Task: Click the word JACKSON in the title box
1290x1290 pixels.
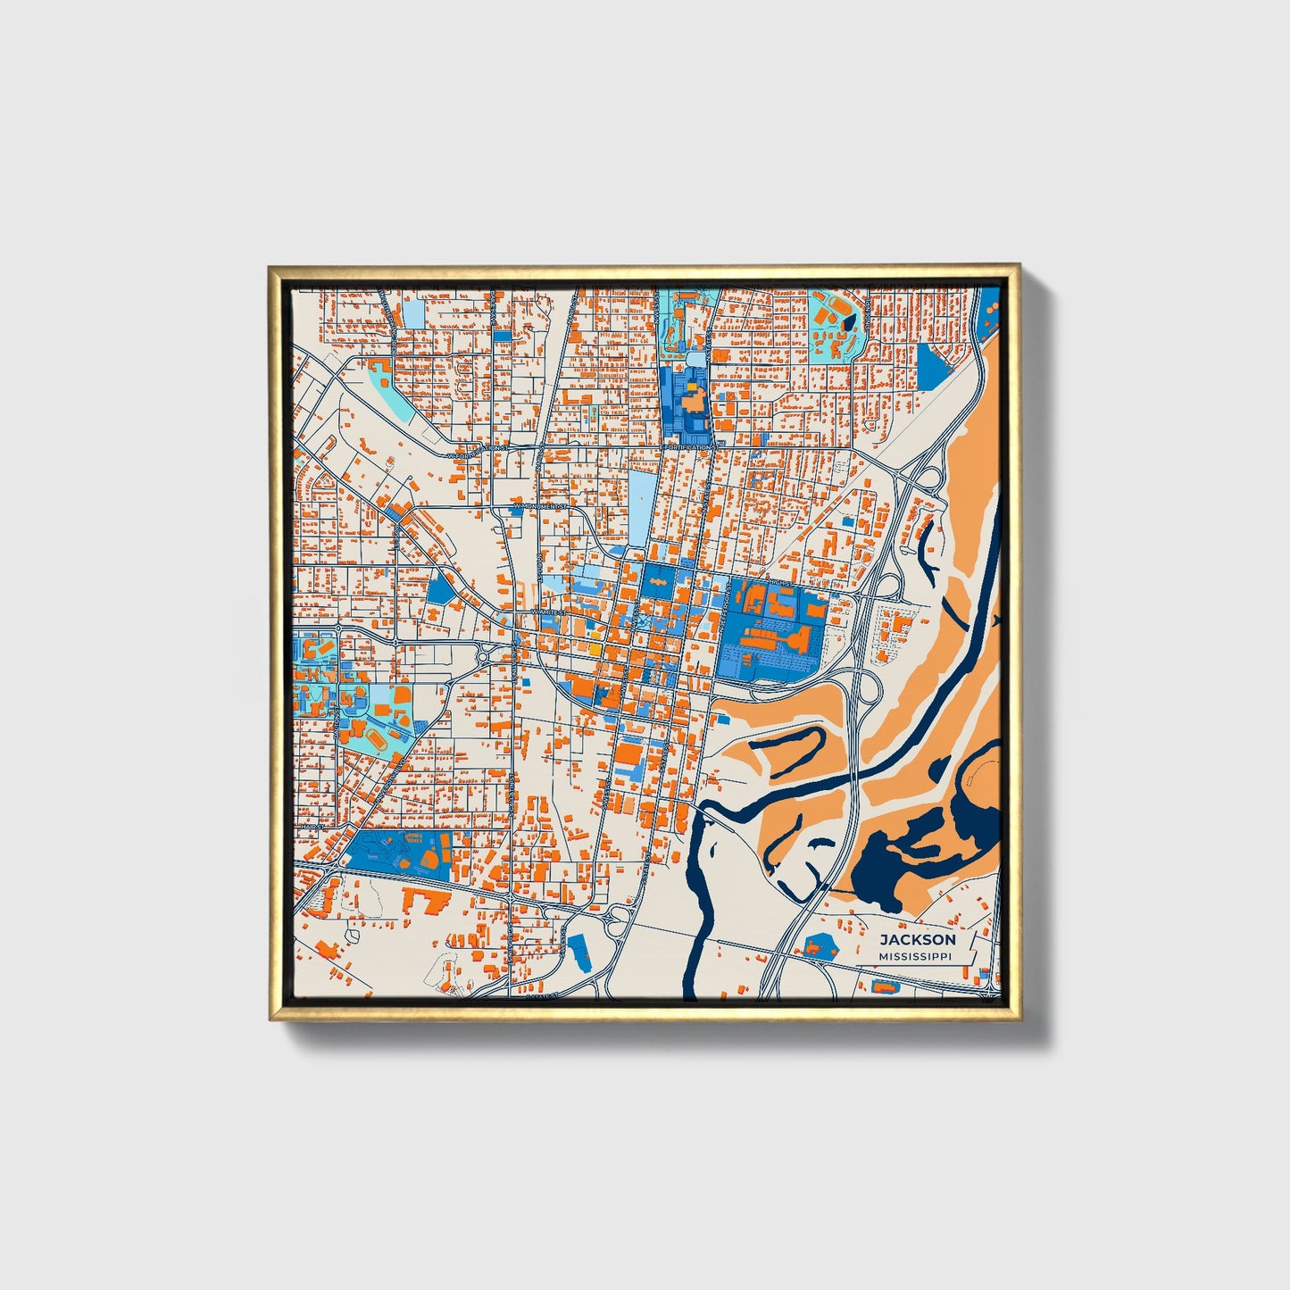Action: [x=917, y=940]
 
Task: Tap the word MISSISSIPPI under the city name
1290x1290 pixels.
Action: [x=915, y=956]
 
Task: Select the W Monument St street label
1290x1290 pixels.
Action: [x=541, y=505]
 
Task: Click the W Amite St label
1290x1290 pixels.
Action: [x=546, y=612]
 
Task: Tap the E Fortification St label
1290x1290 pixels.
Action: [x=689, y=446]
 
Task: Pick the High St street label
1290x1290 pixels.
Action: [x=778, y=583]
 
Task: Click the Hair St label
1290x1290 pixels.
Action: [x=311, y=828]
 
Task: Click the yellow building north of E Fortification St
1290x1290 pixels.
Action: [x=690, y=389]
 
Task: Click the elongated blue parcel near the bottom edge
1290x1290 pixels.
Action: [x=578, y=953]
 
